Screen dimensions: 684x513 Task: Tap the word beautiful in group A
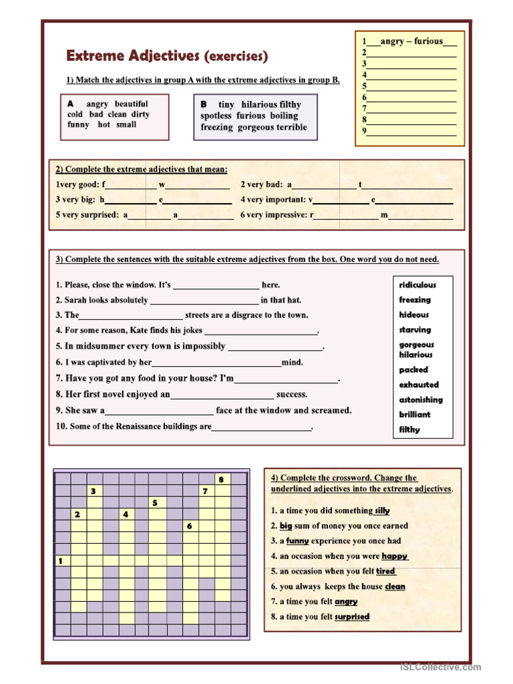tap(131, 104)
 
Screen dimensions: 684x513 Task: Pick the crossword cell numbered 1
tap(61, 561)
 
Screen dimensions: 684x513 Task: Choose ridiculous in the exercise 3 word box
tap(417, 285)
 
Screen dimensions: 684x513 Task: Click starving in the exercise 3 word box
tap(415, 330)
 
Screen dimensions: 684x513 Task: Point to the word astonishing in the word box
tap(421, 400)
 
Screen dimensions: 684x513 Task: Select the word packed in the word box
tap(413, 370)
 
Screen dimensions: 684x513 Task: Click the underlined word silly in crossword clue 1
tap(382, 511)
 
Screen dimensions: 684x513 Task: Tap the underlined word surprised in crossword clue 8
tap(352, 617)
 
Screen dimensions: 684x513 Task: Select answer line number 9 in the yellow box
tap(411, 132)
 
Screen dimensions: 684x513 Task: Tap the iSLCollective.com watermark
tap(440, 667)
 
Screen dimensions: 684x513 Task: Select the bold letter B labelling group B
tap(204, 104)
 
